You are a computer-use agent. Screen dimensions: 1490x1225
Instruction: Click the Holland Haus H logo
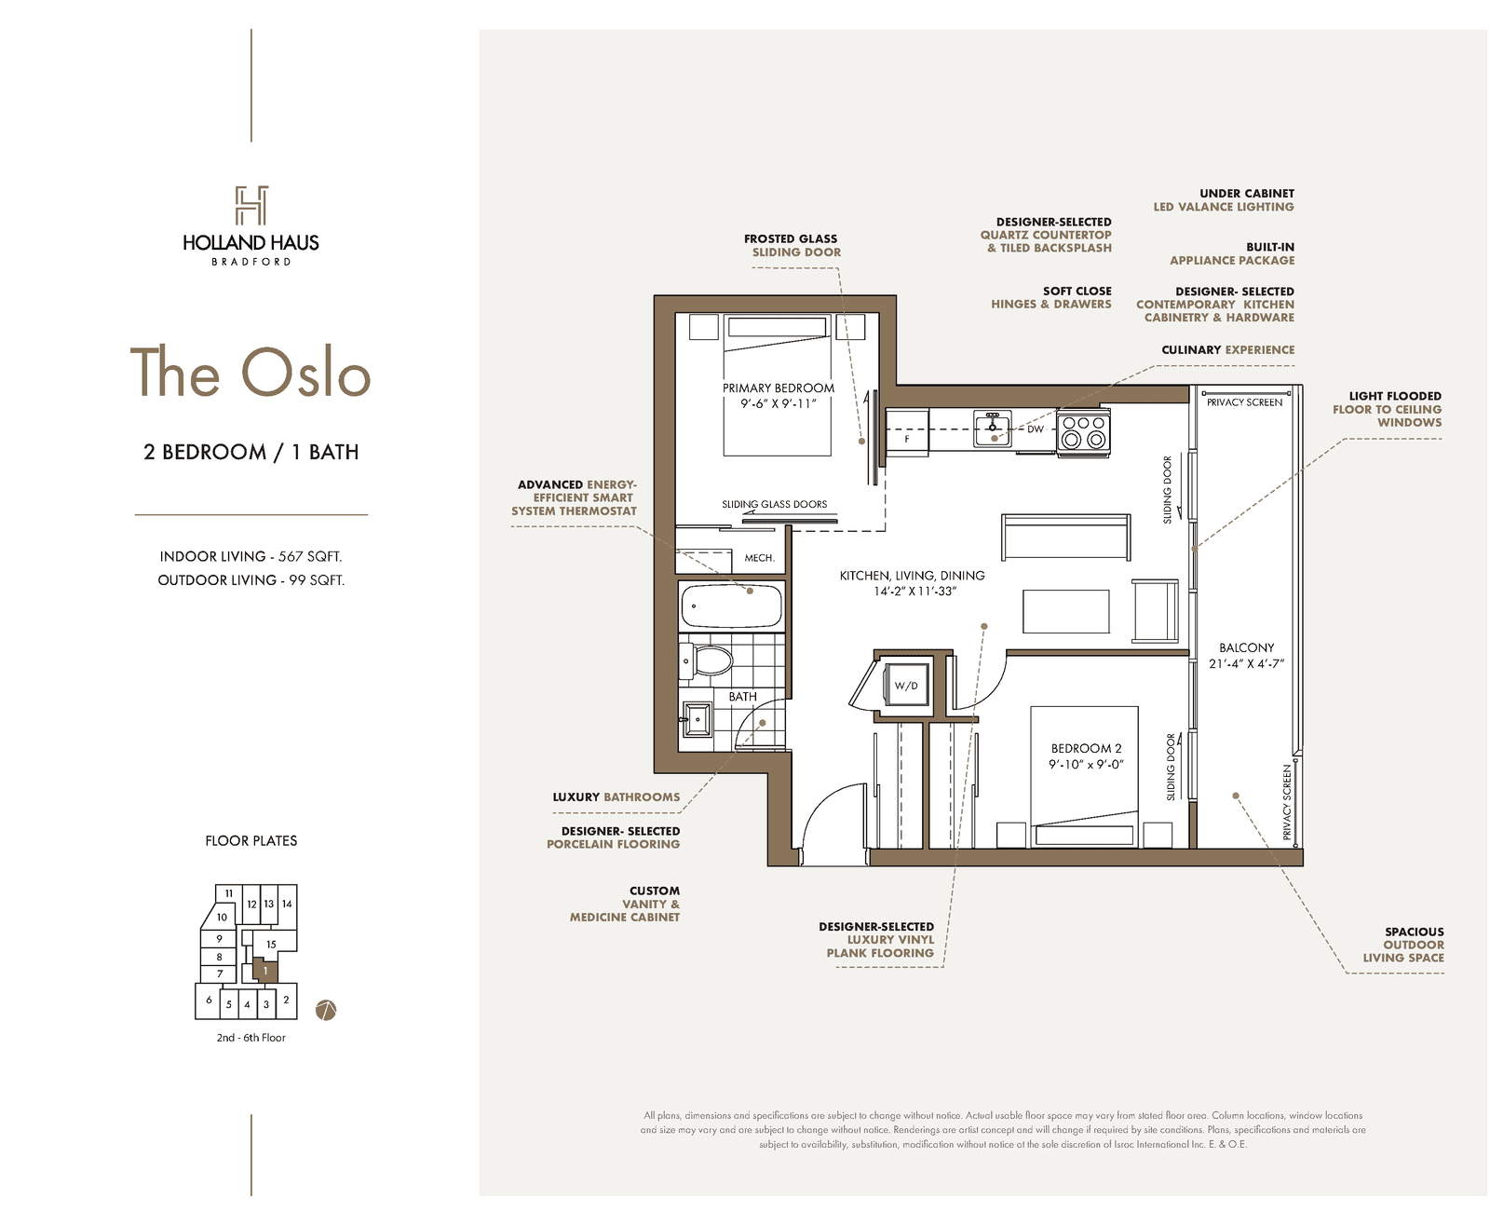251,205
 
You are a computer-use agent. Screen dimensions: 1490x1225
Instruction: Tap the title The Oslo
251,372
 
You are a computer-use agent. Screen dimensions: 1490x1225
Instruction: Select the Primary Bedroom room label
778,388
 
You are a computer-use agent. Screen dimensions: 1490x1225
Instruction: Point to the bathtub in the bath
732,606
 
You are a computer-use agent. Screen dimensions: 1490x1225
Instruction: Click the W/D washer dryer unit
905,685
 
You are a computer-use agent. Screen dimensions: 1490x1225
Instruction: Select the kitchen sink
992,429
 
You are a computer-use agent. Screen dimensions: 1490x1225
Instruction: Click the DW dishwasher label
1035,429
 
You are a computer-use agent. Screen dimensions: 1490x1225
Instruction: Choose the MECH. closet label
760,558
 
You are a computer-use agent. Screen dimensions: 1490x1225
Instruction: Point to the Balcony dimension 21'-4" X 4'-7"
1246,664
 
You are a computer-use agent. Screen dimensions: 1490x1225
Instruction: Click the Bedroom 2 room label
1086,748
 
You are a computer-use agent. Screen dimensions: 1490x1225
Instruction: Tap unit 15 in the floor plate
271,945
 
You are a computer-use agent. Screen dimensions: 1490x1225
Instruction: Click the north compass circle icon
326,1010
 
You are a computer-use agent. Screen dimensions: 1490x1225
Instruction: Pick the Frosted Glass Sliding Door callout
792,245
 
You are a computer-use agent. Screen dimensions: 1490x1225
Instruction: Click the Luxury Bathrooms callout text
616,796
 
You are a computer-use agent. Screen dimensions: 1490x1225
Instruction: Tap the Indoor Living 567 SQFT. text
251,556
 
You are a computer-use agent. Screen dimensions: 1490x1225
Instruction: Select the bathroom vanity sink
698,719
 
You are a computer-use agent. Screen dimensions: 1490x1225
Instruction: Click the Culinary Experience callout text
1228,350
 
